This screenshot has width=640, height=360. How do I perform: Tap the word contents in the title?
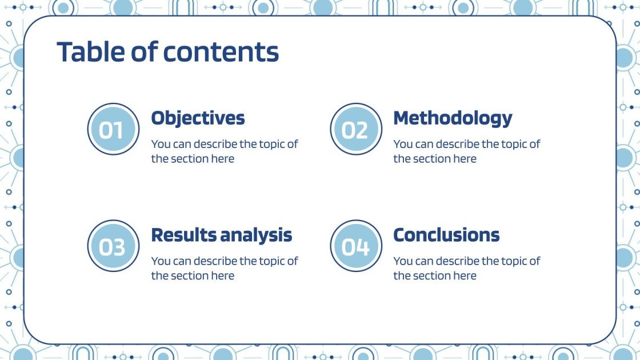[x=221, y=53]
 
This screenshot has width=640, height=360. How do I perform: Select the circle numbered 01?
[x=114, y=129]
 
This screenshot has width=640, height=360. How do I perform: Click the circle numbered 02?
[x=356, y=129]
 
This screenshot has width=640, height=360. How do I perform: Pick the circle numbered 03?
[x=114, y=246]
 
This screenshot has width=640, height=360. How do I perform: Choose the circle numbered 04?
[x=356, y=246]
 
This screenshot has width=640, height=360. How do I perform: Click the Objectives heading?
[x=198, y=118]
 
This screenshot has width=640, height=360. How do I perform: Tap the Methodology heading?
[x=453, y=118]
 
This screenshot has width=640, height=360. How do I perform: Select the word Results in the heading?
[x=184, y=235]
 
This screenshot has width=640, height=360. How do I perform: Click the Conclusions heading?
[x=446, y=235]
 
